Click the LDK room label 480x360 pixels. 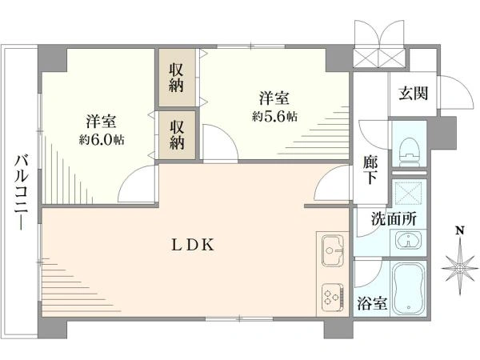[x=193, y=245]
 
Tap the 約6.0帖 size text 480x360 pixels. [x=102, y=140]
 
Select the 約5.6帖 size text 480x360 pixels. [x=274, y=116]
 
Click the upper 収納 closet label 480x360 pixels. [x=177, y=78]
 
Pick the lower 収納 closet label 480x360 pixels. [x=177, y=135]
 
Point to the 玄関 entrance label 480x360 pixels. [x=414, y=93]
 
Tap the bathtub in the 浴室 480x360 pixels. [x=409, y=289]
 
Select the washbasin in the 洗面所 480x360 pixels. [x=408, y=240]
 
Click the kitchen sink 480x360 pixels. [x=333, y=250]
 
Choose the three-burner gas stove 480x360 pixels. [x=333, y=298]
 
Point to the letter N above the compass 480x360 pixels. [x=460, y=230]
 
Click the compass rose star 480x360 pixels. [x=459, y=268]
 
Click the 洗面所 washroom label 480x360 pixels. [x=394, y=219]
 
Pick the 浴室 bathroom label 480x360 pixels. [x=372, y=303]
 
